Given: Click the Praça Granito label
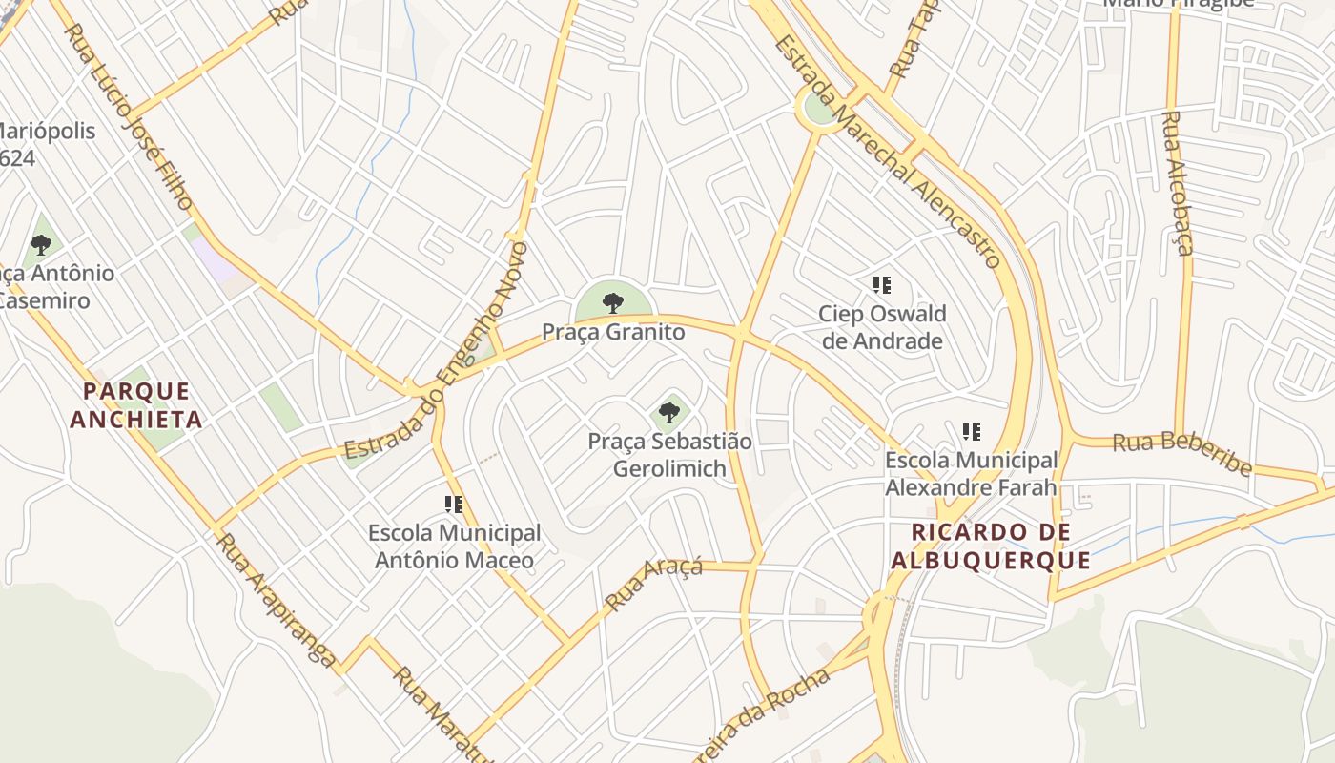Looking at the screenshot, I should [x=613, y=332].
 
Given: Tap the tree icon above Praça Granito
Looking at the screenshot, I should [x=613, y=303].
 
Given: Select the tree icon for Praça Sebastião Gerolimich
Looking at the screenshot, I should [x=669, y=413].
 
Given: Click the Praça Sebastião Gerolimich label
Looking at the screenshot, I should [x=669, y=455].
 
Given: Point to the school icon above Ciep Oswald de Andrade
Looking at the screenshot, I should [x=882, y=284].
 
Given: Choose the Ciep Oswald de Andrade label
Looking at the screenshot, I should [x=882, y=327].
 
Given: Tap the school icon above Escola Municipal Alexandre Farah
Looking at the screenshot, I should [x=972, y=432].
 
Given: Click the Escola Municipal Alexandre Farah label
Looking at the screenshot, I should [x=972, y=474].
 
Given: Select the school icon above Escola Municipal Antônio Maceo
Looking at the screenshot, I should [x=454, y=504].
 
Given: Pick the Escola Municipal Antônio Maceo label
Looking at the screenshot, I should [x=454, y=546].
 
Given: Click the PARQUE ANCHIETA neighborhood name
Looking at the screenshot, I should [x=136, y=405].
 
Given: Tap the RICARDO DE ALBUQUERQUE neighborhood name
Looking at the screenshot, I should [x=991, y=546].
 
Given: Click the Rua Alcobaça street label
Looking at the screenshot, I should [x=1179, y=183].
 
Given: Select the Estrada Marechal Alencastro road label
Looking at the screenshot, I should [x=888, y=153].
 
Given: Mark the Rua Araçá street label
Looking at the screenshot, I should [x=654, y=583].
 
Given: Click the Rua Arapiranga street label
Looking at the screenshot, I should [x=276, y=600].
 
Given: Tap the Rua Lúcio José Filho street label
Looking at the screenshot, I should [x=129, y=116].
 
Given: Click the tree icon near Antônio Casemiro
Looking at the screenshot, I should [x=41, y=245].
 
